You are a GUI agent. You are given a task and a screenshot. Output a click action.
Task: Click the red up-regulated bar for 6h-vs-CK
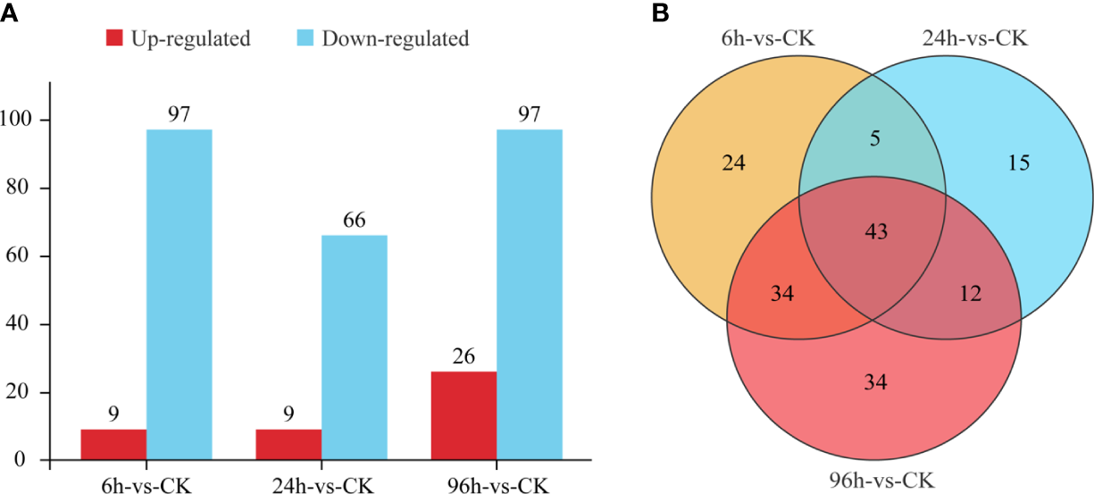click(x=113, y=445)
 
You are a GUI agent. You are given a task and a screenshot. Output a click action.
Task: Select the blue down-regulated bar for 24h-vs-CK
click(x=355, y=348)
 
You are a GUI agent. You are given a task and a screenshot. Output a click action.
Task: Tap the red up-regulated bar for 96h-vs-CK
click(x=463, y=416)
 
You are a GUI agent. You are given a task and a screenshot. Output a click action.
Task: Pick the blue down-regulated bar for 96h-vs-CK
click(x=530, y=295)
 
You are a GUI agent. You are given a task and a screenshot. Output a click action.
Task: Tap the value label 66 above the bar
click(x=355, y=220)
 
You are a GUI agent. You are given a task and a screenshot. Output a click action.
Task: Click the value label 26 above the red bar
click(x=463, y=356)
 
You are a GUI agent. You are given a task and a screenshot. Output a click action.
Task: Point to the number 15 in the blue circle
click(x=1018, y=163)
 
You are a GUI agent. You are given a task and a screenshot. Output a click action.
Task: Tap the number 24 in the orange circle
click(x=734, y=163)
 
